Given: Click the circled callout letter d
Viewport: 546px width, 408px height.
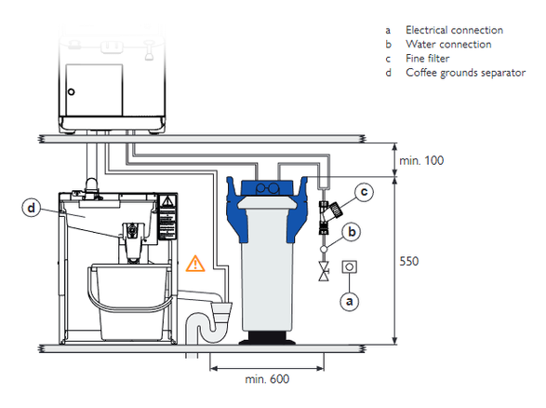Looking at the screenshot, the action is pyautogui.click(x=32, y=208).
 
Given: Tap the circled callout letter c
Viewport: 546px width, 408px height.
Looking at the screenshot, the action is pyautogui.click(x=365, y=192).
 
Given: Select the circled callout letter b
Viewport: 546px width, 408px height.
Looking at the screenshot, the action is pyautogui.click(x=352, y=232).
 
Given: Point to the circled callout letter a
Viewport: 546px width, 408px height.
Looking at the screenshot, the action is pyautogui.click(x=349, y=301).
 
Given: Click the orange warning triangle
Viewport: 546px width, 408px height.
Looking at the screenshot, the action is pyautogui.click(x=195, y=264).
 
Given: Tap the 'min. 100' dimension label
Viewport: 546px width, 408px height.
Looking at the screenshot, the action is pyautogui.click(x=421, y=160).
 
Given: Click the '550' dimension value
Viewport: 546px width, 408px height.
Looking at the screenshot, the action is pyautogui.click(x=409, y=261).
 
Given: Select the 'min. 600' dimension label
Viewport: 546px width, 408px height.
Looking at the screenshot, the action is pyautogui.click(x=267, y=379).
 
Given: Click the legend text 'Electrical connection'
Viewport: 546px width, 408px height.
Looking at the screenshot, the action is pyautogui.click(x=454, y=30).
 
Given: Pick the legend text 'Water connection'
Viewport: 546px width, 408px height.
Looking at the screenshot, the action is pyautogui.click(x=448, y=45).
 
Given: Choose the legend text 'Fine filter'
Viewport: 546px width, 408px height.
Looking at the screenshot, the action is pyautogui.click(x=427, y=59).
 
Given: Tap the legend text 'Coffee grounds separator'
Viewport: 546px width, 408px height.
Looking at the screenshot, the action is pyautogui.click(x=466, y=73).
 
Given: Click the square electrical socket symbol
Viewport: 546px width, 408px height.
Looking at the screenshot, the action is pyautogui.click(x=349, y=267).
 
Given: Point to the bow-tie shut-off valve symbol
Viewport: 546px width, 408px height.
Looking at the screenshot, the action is pyautogui.click(x=324, y=271).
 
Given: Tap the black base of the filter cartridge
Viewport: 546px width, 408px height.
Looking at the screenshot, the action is pyautogui.click(x=267, y=337).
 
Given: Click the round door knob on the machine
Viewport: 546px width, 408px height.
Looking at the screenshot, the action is pyautogui.click(x=72, y=92).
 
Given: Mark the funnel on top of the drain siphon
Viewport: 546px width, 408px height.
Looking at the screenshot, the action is pyautogui.click(x=220, y=313).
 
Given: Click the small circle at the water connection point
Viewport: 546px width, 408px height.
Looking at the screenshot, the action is pyautogui.click(x=324, y=249).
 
